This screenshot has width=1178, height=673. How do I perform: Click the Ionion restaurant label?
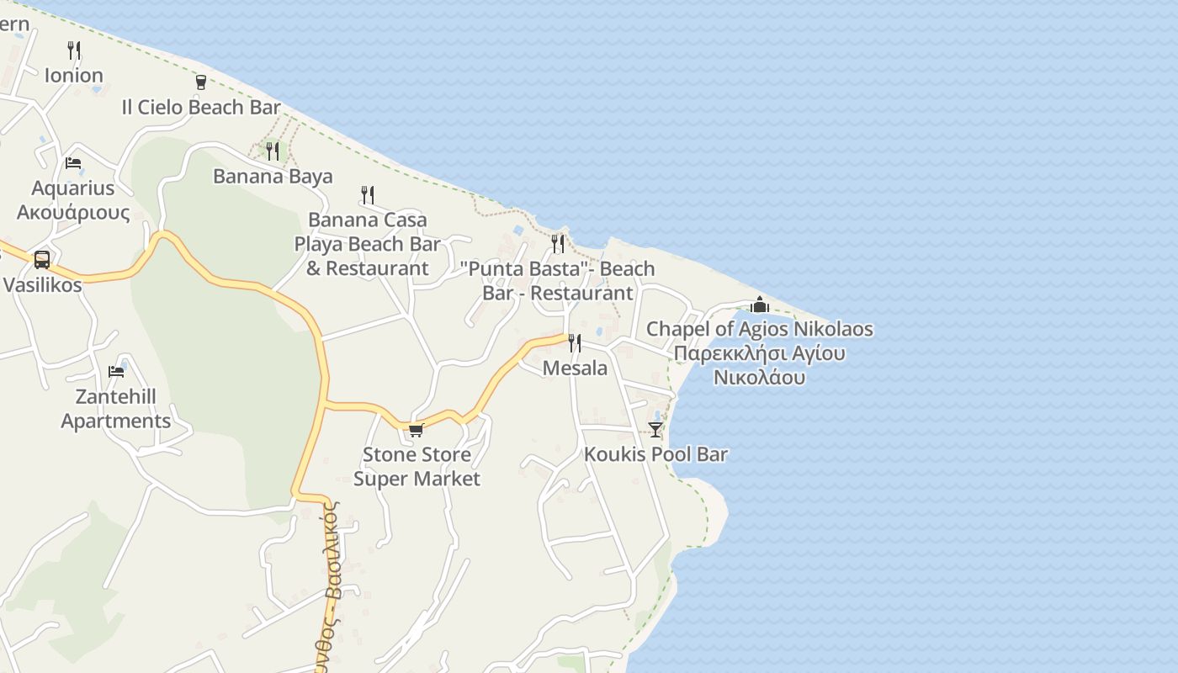73,75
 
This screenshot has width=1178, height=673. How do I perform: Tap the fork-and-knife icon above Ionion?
74,50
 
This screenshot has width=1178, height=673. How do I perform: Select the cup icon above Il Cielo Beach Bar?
200,82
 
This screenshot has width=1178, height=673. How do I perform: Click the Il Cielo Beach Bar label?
200,107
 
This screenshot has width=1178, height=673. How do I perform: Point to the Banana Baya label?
273,176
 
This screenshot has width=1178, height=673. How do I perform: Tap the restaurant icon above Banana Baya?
273,151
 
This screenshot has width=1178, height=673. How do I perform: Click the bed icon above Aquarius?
73,162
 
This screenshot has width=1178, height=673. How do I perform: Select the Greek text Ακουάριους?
73,212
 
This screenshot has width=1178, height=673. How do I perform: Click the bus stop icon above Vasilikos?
42,259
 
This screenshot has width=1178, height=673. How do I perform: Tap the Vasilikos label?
42,284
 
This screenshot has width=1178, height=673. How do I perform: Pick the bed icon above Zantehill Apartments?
116,371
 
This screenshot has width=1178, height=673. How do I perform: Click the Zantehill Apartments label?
116,408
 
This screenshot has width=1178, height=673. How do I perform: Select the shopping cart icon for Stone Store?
416,430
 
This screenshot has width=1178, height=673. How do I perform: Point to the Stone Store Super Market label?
417,466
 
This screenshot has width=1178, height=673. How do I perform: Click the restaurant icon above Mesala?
575,342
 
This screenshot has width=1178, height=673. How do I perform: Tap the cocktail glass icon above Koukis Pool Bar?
655,429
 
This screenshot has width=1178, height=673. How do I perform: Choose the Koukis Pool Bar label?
655,454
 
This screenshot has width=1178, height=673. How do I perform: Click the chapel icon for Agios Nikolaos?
760,305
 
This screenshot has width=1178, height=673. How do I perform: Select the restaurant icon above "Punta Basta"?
558,243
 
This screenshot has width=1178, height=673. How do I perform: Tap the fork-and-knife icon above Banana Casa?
368,194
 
